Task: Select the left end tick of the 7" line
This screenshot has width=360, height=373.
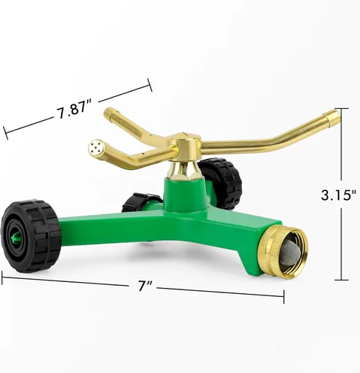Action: click(x=2, y=278)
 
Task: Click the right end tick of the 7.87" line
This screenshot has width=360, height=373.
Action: click(x=151, y=85)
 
